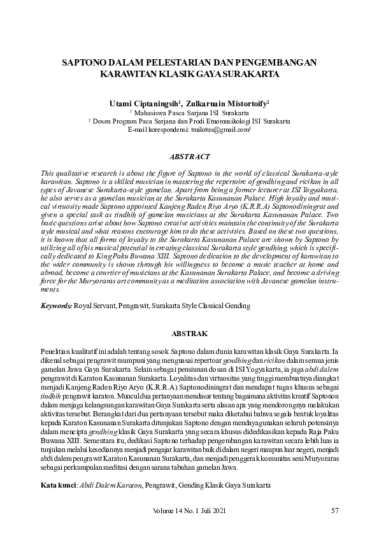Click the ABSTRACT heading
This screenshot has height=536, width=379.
point(189,156)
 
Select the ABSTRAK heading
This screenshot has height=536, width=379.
point(189,333)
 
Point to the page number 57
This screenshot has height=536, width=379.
point(336,511)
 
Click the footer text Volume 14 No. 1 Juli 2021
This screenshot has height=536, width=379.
point(189,511)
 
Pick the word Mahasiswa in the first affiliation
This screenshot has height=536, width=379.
point(152,111)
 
